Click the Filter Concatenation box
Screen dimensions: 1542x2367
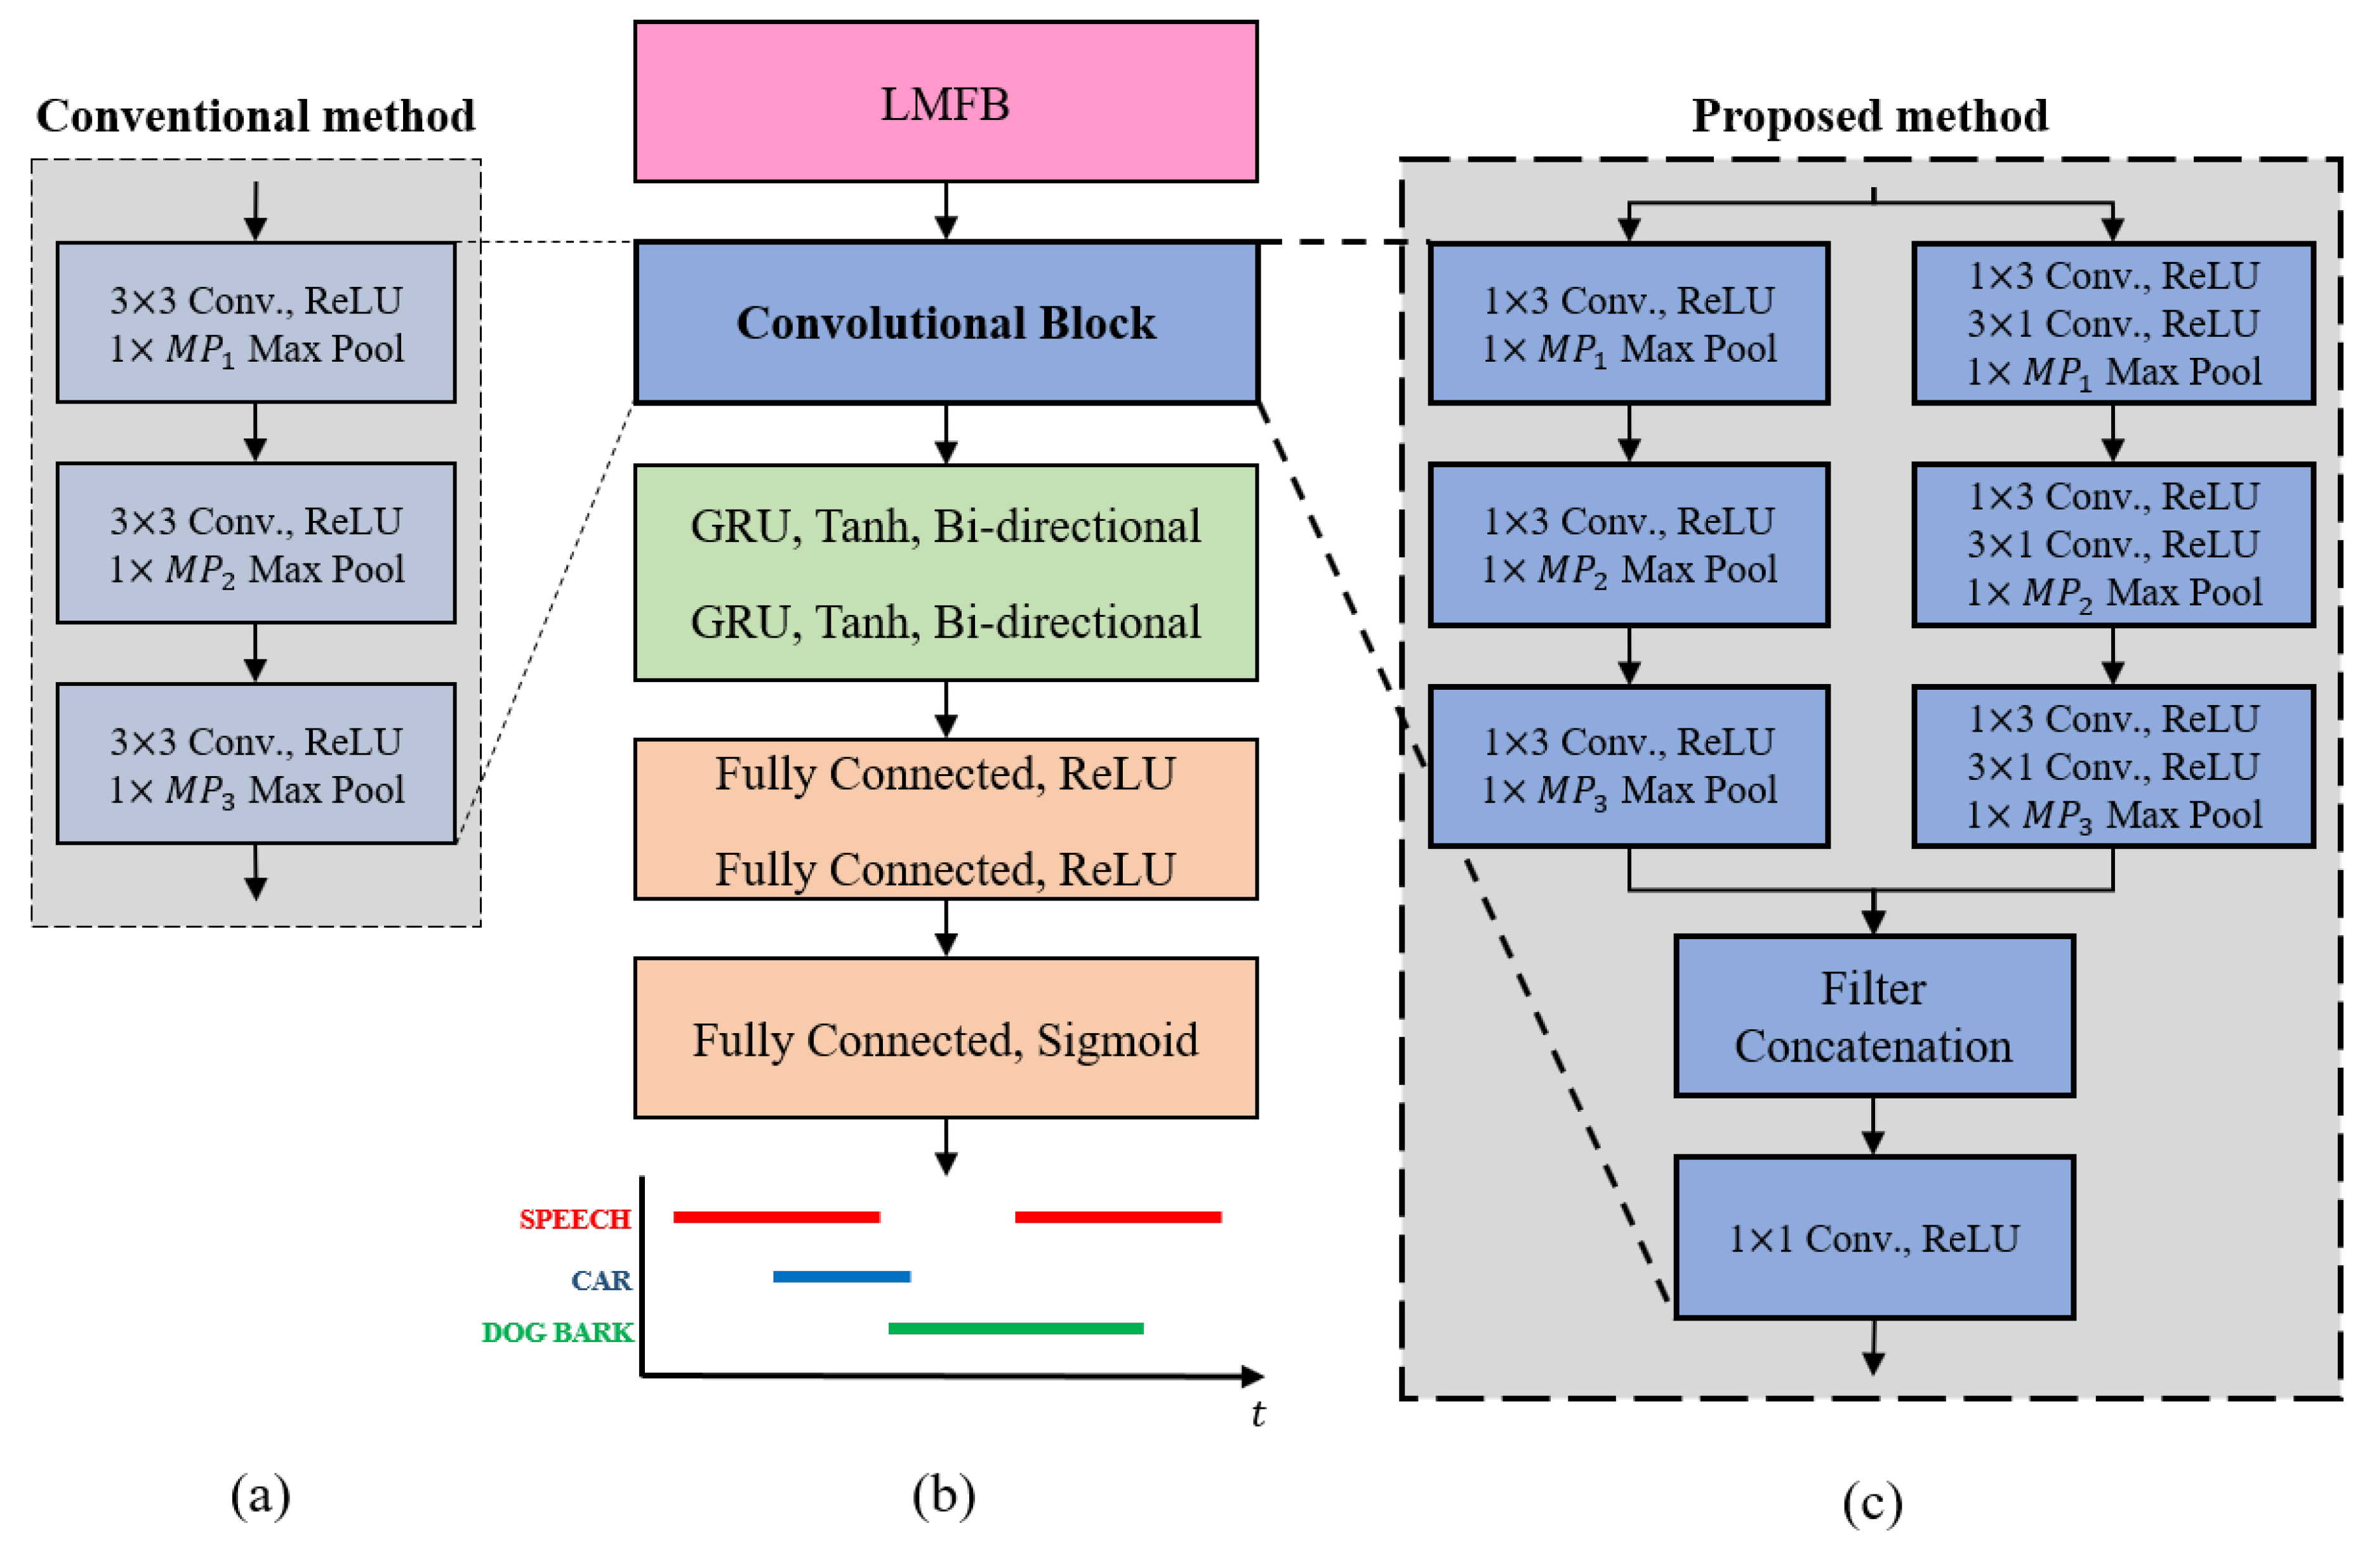(x=1874, y=1016)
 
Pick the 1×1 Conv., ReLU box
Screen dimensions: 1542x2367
(x=1874, y=1238)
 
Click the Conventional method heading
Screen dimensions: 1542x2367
(x=256, y=115)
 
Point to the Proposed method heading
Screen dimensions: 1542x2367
(x=1870, y=115)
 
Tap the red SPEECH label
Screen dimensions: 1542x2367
(x=575, y=1219)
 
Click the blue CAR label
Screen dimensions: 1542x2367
(x=600, y=1279)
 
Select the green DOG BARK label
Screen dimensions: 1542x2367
(x=557, y=1332)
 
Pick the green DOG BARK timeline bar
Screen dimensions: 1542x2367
(x=1016, y=1328)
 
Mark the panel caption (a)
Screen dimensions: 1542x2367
(x=261, y=1494)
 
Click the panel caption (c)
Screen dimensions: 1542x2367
(x=1872, y=1502)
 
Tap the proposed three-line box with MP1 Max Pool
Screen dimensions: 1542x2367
(x=2113, y=323)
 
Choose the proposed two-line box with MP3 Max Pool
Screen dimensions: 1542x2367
(x=1629, y=765)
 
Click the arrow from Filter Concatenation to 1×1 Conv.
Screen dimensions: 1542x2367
(x=1874, y=1126)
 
